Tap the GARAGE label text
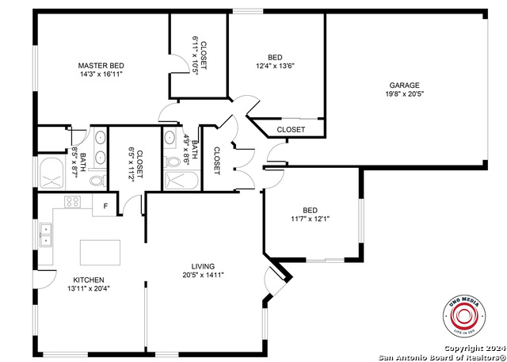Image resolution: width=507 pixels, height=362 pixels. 404,85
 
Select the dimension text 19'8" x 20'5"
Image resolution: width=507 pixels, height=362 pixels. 404,94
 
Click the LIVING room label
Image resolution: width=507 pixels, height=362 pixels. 203,266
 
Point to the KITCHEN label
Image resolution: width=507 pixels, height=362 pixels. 89,280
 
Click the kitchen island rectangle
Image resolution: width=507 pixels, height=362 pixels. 100,253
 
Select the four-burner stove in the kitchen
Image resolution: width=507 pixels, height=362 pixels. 72,201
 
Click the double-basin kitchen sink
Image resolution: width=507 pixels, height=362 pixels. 46,234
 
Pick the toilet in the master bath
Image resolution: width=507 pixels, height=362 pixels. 97,181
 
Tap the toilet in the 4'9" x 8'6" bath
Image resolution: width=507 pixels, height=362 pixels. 173,162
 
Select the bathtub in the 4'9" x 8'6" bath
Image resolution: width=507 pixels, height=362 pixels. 181,181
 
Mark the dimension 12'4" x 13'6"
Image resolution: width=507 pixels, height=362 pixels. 275,67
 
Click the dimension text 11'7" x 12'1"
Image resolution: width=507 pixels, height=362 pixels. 311,218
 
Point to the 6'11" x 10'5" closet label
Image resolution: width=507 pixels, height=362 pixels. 199,55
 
